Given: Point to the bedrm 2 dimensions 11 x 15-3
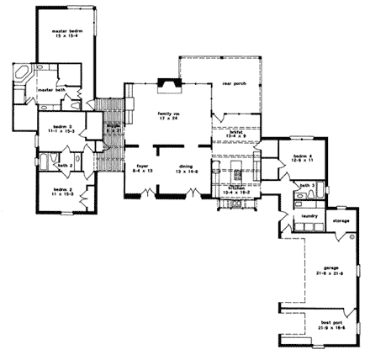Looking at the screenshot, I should coord(64,194).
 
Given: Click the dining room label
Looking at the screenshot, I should coord(186,166).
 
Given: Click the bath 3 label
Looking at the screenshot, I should coord(309,185).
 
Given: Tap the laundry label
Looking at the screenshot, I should coord(309,216).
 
